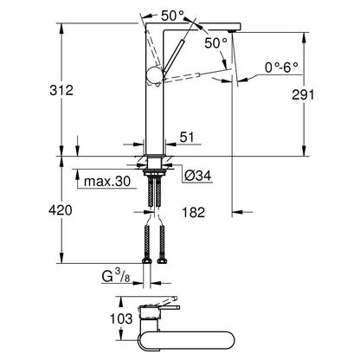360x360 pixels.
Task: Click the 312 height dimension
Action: (x=61, y=90)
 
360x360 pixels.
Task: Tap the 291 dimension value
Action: (x=303, y=94)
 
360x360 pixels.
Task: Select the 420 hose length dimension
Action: (x=61, y=210)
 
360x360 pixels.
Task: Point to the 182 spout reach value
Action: (x=193, y=212)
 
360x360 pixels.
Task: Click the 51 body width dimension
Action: (x=187, y=137)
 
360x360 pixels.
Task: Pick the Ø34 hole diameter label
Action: (x=198, y=175)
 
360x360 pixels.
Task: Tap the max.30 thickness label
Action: (x=107, y=182)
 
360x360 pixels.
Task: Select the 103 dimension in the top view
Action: (x=121, y=318)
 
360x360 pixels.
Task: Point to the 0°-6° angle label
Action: (x=281, y=67)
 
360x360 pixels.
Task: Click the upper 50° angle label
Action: (x=172, y=16)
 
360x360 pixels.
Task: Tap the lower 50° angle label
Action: (x=215, y=43)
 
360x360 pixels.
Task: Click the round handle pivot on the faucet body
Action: (x=155, y=75)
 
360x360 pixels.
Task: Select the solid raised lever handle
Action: (x=173, y=59)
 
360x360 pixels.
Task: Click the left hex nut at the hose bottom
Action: (x=147, y=261)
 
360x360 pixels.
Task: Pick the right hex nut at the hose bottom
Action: (x=162, y=261)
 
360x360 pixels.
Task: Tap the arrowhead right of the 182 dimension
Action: (x=236, y=212)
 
